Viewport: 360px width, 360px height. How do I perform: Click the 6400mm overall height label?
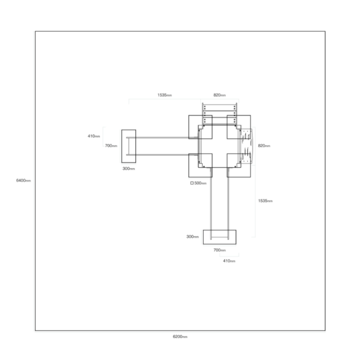tap(23, 180)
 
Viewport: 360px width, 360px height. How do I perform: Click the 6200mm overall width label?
tap(180, 337)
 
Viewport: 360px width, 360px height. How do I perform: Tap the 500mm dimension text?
tap(200, 183)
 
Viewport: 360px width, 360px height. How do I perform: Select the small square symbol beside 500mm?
tap(192, 183)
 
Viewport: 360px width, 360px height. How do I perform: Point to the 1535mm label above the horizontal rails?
tap(165, 95)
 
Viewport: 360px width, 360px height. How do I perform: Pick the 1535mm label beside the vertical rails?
tap(265, 201)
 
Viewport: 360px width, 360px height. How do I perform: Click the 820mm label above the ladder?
tap(220, 95)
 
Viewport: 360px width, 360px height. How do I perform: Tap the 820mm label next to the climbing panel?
tap(264, 146)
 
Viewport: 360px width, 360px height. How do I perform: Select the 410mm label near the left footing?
tap(94, 136)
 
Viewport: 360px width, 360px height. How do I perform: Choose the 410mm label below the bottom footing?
tap(229, 261)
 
